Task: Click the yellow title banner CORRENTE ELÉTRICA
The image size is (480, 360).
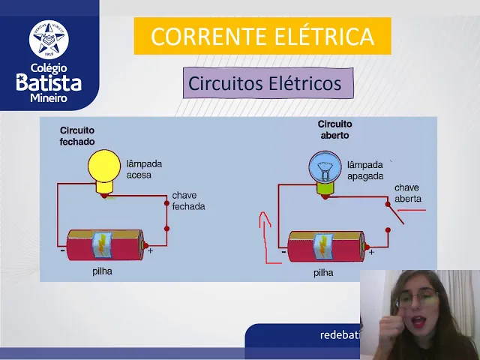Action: click(x=262, y=36)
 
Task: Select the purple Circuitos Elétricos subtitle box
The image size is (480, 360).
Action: click(x=268, y=83)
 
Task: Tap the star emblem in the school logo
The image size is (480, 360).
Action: click(x=49, y=40)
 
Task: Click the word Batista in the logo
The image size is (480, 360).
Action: click(x=49, y=82)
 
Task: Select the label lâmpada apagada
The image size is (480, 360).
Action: click(x=365, y=170)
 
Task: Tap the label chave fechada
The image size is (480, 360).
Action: click(x=188, y=200)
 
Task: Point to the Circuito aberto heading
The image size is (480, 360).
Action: click(x=334, y=129)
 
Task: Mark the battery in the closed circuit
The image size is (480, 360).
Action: click(x=104, y=244)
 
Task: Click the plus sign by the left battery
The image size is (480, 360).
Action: click(x=150, y=251)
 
